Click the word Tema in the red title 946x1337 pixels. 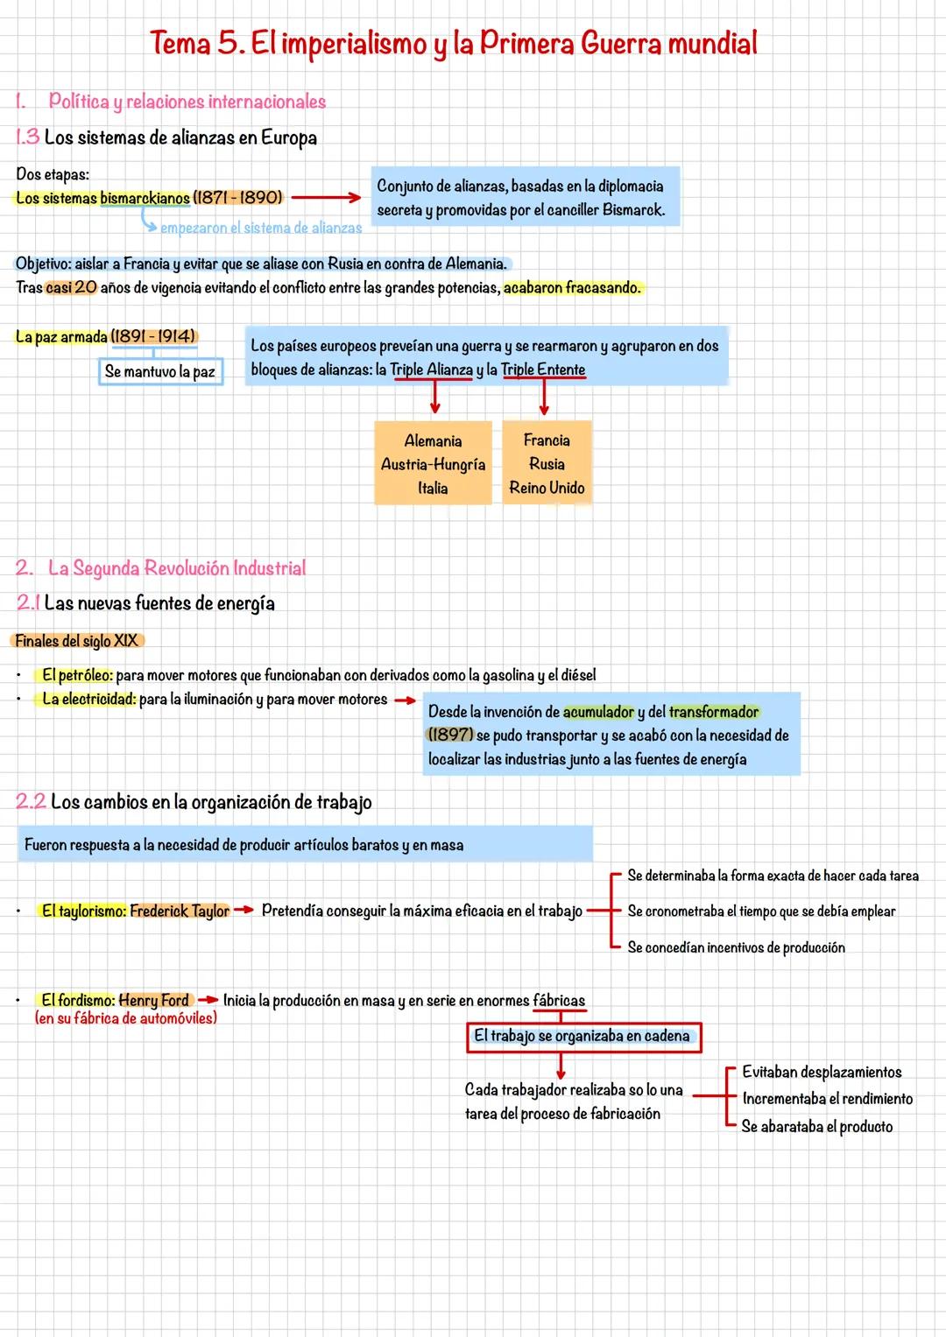tap(180, 44)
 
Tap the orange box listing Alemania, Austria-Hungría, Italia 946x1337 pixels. tap(433, 464)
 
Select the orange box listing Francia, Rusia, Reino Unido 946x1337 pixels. tap(547, 464)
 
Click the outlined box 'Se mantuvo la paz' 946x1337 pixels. tap(159, 372)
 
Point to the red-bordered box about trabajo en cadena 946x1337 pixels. tap(582, 1037)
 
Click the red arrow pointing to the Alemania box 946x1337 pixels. tap(434, 398)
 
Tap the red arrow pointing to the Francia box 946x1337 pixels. tap(544, 398)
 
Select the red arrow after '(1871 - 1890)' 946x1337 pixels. tap(326, 198)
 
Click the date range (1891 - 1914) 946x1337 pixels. tap(154, 337)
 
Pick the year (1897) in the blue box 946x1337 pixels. tap(450, 735)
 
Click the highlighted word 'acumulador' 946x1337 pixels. tap(598, 712)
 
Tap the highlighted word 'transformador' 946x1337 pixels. tap(713, 712)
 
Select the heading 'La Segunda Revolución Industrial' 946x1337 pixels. tap(177, 568)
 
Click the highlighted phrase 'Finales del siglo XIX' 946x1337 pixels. tap(77, 641)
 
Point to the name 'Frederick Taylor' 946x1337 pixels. tap(180, 911)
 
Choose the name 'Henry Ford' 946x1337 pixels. tap(154, 1001)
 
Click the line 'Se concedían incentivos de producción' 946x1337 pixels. tap(736, 947)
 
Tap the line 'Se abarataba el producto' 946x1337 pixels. tap(816, 1127)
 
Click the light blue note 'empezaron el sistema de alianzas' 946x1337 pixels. tap(261, 229)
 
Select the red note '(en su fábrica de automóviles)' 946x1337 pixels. tap(126, 1018)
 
